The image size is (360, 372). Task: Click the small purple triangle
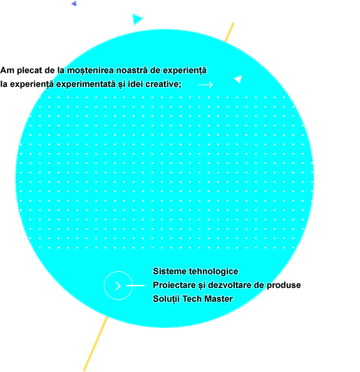75,4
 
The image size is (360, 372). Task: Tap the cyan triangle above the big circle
137,19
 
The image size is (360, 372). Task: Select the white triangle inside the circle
239,79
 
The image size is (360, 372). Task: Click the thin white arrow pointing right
205,85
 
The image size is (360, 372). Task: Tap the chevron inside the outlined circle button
118,286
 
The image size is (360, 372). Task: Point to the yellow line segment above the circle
230,33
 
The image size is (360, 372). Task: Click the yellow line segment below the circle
96,344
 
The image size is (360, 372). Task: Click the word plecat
29,70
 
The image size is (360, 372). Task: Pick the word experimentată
86,84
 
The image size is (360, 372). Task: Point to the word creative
163,84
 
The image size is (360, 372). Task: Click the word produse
284,286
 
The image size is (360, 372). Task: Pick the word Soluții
167,299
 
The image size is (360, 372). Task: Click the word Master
219,299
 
